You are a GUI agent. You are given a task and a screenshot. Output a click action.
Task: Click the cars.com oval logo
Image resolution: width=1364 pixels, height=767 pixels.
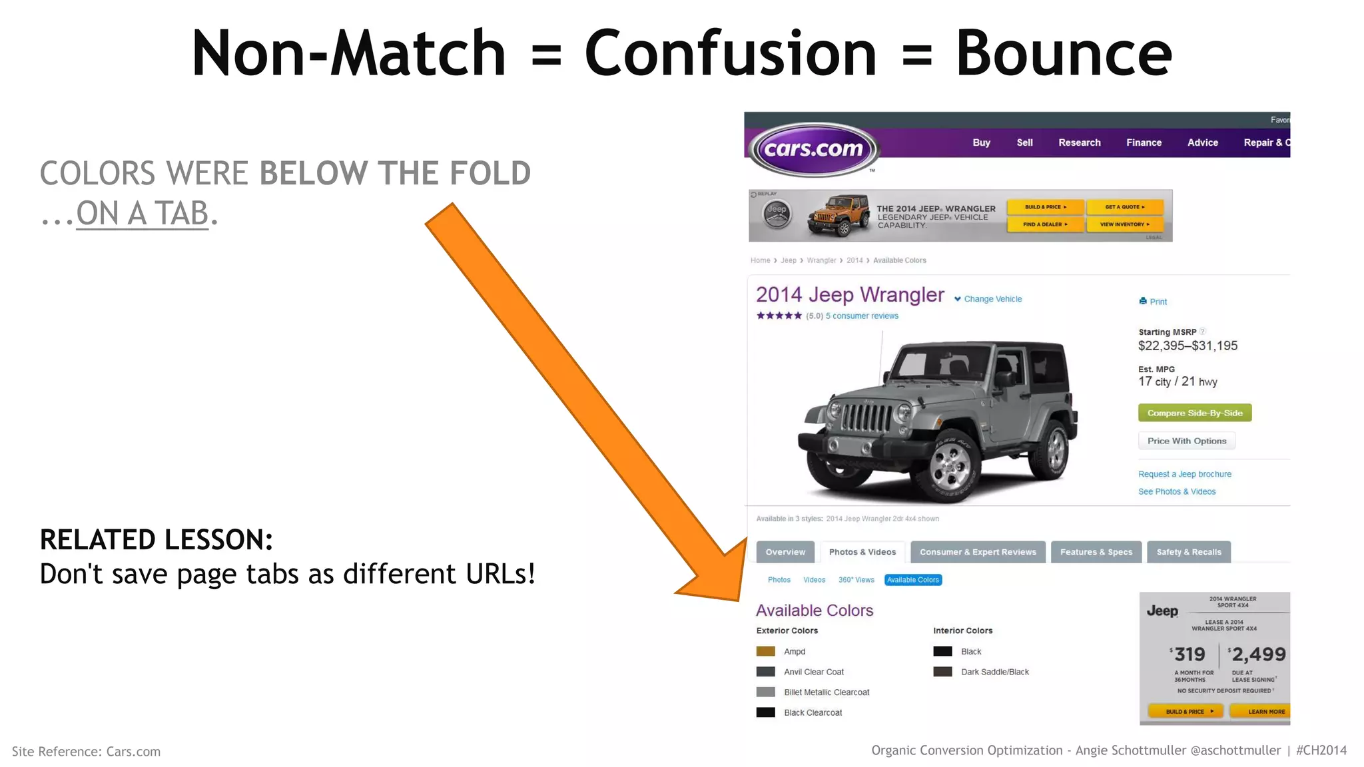tap(814, 149)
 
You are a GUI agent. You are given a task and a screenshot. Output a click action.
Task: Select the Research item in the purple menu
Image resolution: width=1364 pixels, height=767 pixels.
tap(1079, 142)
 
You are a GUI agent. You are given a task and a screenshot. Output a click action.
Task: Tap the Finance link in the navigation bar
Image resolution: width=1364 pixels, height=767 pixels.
tap(1144, 142)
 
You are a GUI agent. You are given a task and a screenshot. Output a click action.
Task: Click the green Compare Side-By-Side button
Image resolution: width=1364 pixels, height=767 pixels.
tap(1195, 413)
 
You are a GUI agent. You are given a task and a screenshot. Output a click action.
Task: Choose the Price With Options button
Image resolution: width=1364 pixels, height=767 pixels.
tap(1186, 441)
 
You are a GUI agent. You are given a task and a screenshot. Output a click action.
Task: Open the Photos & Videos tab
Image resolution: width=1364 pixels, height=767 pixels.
tap(862, 552)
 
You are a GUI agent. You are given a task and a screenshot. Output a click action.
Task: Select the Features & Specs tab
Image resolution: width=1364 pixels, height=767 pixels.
tap(1096, 552)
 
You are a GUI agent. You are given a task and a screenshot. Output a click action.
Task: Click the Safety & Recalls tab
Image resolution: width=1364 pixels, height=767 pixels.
tap(1189, 552)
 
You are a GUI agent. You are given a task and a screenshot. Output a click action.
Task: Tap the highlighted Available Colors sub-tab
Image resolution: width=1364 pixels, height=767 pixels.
tap(912, 580)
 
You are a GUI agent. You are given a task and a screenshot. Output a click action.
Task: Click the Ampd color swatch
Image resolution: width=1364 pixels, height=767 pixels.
tap(766, 651)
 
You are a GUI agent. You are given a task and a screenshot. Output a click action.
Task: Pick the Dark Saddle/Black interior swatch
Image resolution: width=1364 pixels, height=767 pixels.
tap(942, 672)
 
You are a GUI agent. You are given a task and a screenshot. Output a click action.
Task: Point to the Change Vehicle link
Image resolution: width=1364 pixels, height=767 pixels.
tap(992, 299)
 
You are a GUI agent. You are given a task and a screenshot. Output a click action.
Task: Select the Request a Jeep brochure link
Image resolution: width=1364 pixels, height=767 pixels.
tap(1184, 474)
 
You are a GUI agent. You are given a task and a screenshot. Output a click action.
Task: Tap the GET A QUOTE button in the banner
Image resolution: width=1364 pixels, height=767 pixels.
tap(1124, 207)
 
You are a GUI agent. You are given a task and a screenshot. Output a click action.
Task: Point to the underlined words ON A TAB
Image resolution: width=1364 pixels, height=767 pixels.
tap(143, 214)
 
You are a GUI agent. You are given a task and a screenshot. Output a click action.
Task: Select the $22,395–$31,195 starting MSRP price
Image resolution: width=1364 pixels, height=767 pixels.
tap(1188, 346)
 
